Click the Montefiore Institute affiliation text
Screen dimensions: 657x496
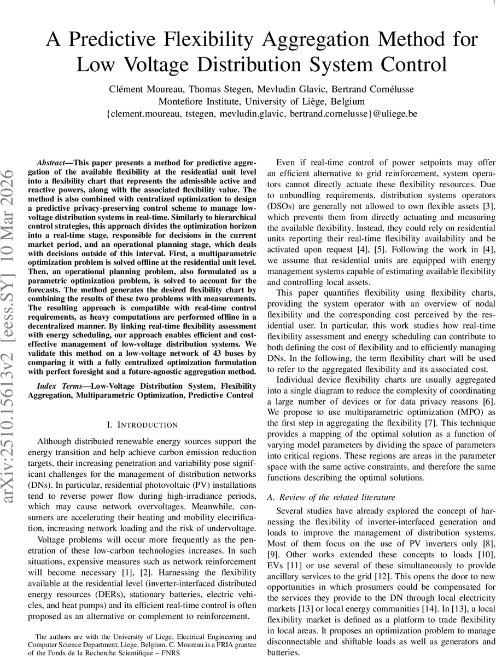point(200,102)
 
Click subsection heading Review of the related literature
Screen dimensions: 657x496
point(336,497)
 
